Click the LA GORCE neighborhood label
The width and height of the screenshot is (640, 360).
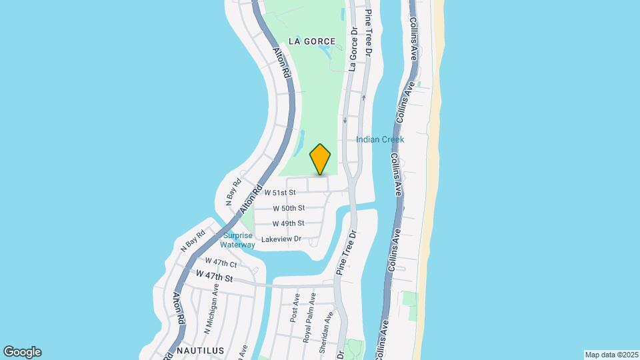click(312, 41)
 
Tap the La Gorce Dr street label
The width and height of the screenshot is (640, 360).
click(354, 49)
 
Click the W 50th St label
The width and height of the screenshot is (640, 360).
click(289, 208)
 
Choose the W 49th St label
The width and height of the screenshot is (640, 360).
click(289, 223)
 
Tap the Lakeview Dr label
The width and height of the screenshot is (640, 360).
click(282, 239)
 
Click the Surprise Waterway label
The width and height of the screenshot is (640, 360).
click(238, 240)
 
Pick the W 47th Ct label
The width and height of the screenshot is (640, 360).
click(220, 262)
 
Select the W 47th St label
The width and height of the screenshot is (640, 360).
click(214, 275)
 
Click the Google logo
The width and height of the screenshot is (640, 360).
click(22, 352)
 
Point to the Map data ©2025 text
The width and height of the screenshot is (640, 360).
click(611, 355)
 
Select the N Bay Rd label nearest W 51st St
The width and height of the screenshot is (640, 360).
click(232, 191)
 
